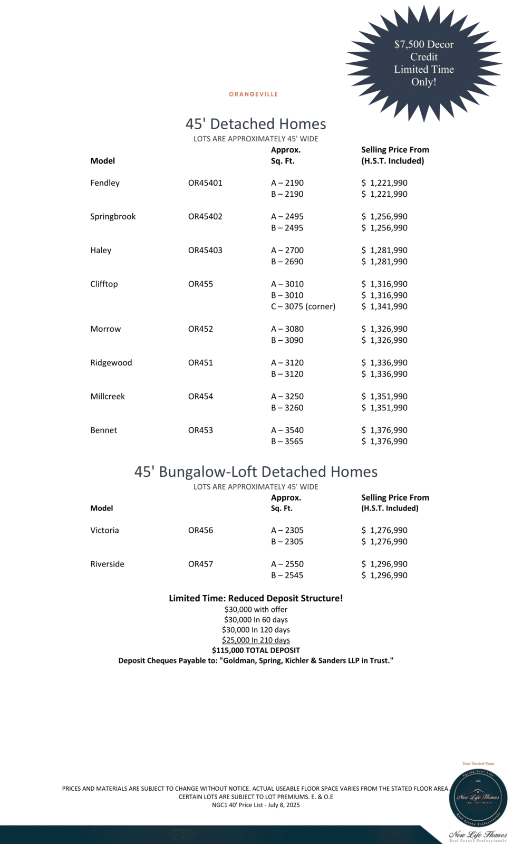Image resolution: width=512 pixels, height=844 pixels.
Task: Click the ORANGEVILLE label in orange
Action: pos(253,94)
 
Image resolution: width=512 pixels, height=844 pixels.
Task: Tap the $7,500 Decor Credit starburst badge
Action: pos(424,63)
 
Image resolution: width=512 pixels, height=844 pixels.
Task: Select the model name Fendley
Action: pos(105,183)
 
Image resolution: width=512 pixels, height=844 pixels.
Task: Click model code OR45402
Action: pos(205,217)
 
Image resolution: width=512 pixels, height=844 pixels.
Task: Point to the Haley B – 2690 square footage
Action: pos(287,262)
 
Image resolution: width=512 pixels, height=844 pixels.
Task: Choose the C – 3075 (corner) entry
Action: pos(303,306)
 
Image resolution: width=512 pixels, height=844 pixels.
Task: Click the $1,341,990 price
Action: pos(384,306)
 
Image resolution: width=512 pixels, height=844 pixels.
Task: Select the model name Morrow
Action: pos(105,329)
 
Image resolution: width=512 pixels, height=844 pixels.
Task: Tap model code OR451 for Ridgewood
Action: pos(200,363)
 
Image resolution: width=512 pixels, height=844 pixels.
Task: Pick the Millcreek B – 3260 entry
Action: pos(287,408)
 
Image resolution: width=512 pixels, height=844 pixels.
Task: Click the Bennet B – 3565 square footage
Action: pos(287,442)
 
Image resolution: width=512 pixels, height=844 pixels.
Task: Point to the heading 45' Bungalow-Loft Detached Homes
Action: pos(256,472)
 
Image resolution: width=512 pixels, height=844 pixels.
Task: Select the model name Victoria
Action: pos(104,531)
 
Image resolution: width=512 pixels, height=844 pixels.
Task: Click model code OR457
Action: pos(200,564)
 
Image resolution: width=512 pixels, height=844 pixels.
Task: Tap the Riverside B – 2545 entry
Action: pos(287,576)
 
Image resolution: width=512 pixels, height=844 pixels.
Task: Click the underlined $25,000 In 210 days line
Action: pos(256,640)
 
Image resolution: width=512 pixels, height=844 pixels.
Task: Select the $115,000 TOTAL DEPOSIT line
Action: pos(256,650)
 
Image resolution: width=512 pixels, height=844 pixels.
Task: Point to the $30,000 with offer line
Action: pos(256,610)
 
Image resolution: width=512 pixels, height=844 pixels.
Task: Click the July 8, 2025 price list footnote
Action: pos(256,805)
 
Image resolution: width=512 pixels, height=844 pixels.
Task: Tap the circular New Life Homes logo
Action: pos(478,798)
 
